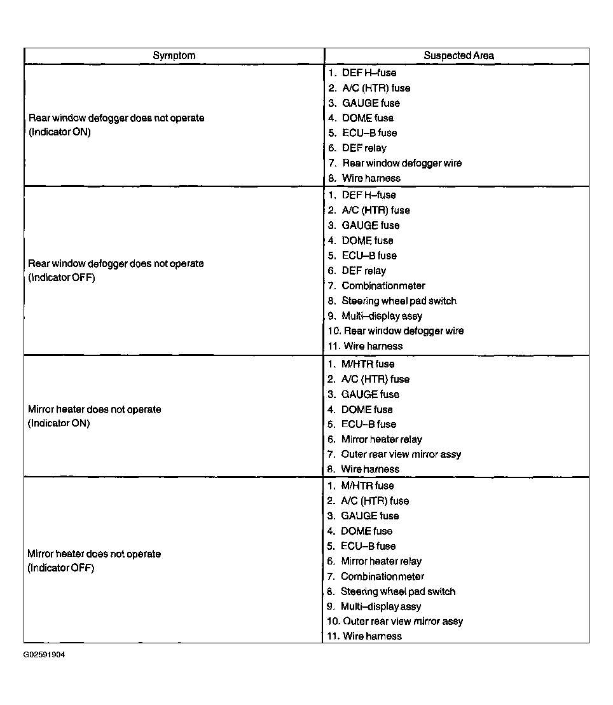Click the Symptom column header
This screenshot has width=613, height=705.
pyautogui.click(x=174, y=56)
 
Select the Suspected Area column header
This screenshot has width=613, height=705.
pyautogui.click(x=458, y=56)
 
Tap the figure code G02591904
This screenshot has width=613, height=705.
pyautogui.click(x=45, y=654)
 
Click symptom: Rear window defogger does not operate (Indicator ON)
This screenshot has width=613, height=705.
pyautogui.click(x=116, y=125)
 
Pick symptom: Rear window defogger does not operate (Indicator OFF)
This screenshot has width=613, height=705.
pyautogui.click(x=116, y=270)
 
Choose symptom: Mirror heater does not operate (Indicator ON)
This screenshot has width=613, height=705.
pyautogui.click(x=94, y=416)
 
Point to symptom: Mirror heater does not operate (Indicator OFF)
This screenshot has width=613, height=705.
pyautogui.click(x=94, y=561)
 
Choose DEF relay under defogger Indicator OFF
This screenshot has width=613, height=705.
pyautogui.click(x=363, y=271)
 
